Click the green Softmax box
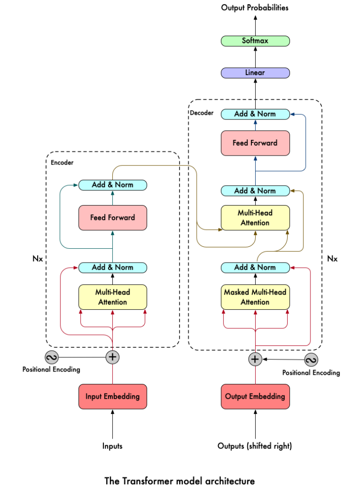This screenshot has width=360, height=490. [255, 41]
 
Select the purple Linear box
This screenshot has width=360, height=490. [255, 73]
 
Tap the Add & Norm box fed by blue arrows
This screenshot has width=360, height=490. [255, 114]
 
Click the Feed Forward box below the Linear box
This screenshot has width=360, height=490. [255, 143]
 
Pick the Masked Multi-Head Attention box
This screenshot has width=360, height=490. [255, 297]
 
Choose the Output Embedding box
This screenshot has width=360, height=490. [255, 396]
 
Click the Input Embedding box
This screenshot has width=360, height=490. [112, 396]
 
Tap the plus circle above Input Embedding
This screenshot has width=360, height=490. [112, 357]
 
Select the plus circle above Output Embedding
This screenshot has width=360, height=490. [255, 359]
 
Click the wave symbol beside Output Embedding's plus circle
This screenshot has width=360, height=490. [311, 360]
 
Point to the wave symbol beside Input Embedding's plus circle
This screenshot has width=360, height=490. [51, 357]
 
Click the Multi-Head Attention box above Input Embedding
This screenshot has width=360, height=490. [112, 297]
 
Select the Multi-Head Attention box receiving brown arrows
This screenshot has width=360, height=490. [255, 218]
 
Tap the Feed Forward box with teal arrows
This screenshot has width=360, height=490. [112, 218]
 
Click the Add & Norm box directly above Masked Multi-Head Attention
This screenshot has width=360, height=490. [255, 267]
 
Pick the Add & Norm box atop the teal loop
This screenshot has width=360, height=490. [112, 185]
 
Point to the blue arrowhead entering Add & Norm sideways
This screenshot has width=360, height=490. [292, 114]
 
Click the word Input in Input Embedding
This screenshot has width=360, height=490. [94, 396]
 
